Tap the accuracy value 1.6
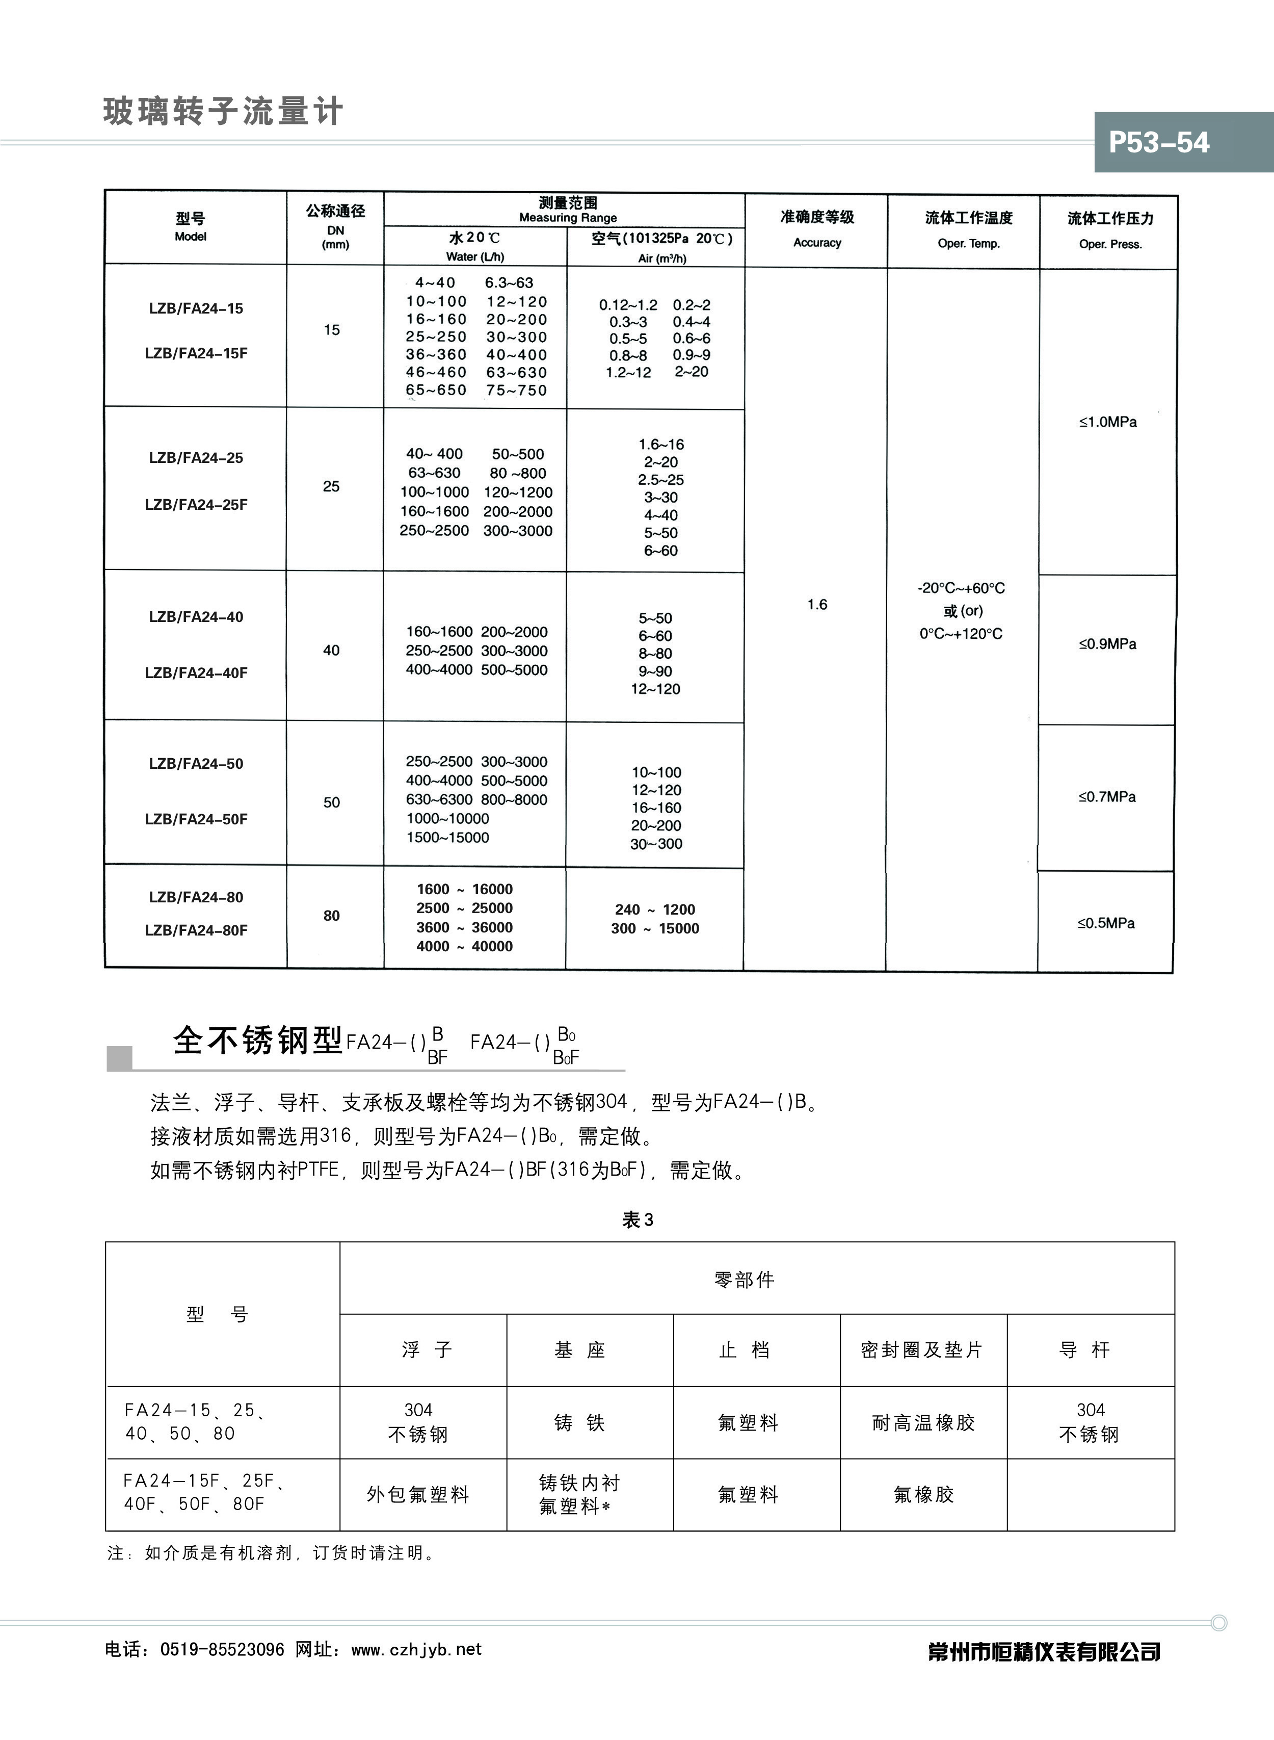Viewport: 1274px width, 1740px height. (817, 604)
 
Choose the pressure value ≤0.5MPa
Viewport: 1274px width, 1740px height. (1106, 923)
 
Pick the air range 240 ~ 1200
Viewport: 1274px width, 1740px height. (655, 910)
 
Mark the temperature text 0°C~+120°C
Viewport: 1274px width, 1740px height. (961, 634)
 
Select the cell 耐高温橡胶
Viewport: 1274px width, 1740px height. (923, 1423)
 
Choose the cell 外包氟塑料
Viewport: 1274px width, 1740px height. (418, 1495)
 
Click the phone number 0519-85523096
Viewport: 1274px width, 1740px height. (222, 1650)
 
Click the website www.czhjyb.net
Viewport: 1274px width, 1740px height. (416, 1650)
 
